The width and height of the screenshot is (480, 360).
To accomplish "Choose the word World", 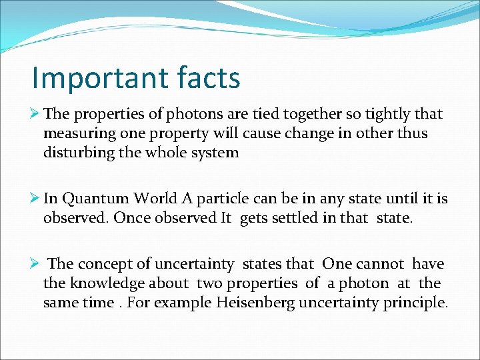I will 155,199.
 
